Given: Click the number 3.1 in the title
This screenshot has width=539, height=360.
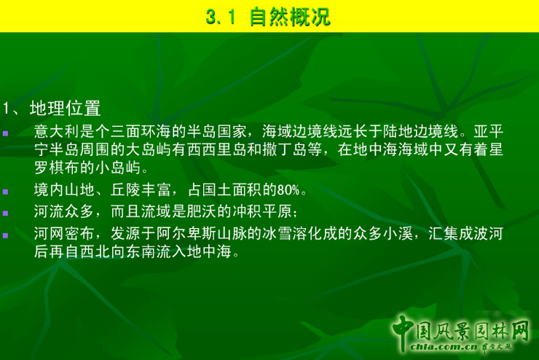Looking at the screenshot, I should click(x=221, y=17).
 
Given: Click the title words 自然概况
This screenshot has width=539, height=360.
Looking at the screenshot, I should click(x=290, y=17).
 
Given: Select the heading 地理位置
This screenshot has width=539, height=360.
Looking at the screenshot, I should click(x=65, y=109).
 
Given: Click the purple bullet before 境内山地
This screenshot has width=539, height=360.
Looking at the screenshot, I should click(x=6, y=192).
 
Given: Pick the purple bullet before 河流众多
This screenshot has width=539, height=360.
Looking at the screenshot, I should click(x=6, y=213).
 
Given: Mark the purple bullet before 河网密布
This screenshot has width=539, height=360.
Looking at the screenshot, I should click(x=6, y=235).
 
